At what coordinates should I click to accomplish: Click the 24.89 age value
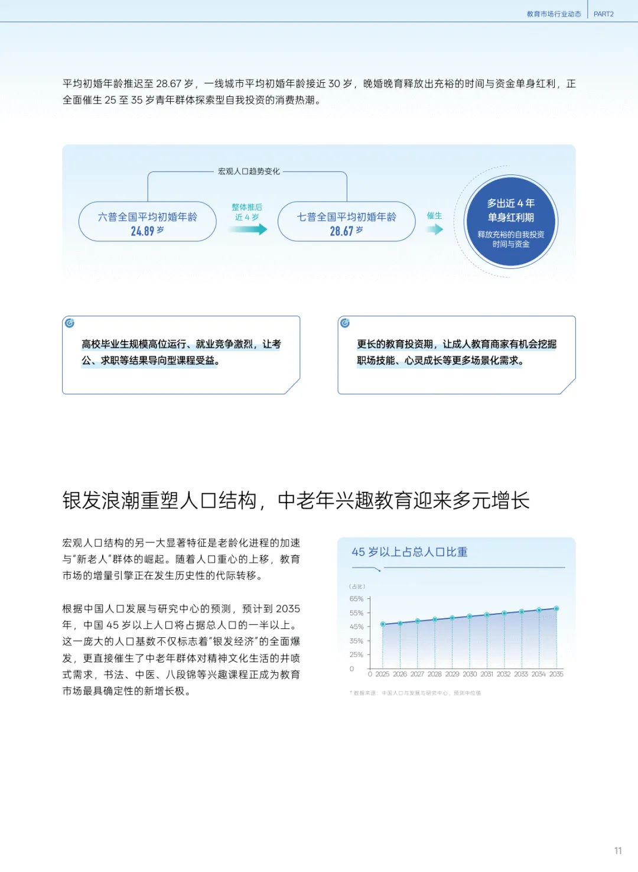pyautogui.click(x=142, y=231)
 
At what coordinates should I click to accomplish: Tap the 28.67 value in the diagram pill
pyautogui.click(x=341, y=231)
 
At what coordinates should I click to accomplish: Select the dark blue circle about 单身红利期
pyautogui.click(x=511, y=222)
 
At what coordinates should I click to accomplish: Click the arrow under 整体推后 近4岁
pyautogui.click(x=248, y=229)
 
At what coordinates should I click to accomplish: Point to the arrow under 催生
pyautogui.click(x=435, y=229)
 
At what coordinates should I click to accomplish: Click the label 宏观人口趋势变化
pyautogui.click(x=249, y=171)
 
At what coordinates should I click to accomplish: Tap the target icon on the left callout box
pyautogui.click(x=70, y=323)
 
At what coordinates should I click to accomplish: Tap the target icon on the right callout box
pyautogui.click(x=345, y=323)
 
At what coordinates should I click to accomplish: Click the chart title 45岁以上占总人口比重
pyautogui.click(x=409, y=552)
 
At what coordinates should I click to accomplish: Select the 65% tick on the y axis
pyautogui.click(x=356, y=599)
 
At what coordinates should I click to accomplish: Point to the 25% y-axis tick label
pyautogui.click(x=356, y=654)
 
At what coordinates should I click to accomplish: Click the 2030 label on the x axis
pyautogui.click(x=470, y=674)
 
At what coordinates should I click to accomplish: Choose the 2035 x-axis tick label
pyautogui.click(x=556, y=674)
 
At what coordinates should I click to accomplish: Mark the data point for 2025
pyautogui.click(x=383, y=624)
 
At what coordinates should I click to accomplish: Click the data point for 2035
pyautogui.click(x=556, y=608)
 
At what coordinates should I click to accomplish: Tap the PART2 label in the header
pyautogui.click(x=603, y=14)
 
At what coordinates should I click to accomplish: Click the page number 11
pyautogui.click(x=618, y=851)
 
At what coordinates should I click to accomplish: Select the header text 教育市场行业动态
pyautogui.click(x=554, y=14)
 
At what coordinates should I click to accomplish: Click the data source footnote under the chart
pyautogui.click(x=416, y=693)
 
